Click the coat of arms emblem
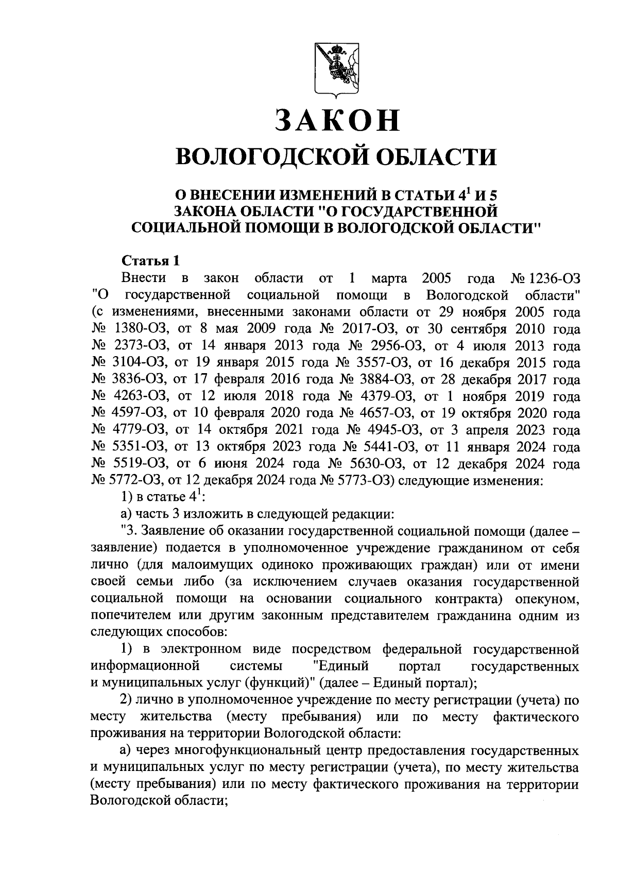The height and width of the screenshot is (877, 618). click(x=336, y=69)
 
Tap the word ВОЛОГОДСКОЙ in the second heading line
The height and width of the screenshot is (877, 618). click(x=257, y=156)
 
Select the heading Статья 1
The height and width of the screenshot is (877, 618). click(x=150, y=261)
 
